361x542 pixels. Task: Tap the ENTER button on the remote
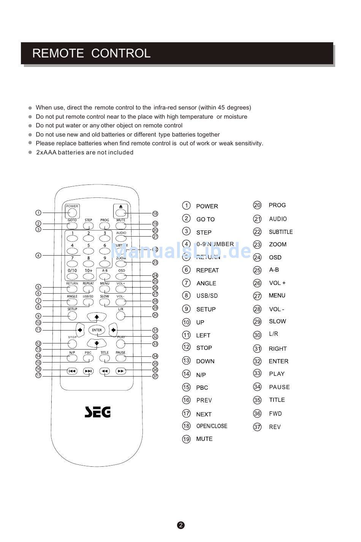click(97, 330)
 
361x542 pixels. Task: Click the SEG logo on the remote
click(97, 412)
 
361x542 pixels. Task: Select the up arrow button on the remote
click(97, 316)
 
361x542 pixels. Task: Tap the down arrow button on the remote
click(97, 343)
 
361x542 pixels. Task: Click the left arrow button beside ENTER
click(80, 330)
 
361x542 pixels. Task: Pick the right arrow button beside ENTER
click(113, 330)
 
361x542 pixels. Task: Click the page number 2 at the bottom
click(181, 525)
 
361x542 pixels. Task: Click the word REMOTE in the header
click(58, 53)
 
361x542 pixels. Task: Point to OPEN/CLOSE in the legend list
click(212, 426)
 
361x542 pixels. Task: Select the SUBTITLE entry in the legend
click(281, 232)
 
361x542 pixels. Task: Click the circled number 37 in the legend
click(257, 427)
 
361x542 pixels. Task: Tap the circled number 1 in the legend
click(186, 206)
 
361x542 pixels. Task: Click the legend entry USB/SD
click(207, 296)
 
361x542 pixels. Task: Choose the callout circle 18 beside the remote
click(155, 214)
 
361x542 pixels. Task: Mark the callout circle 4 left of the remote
click(38, 256)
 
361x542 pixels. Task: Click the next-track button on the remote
click(88, 371)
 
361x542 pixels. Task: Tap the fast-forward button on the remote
click(121, 371)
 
